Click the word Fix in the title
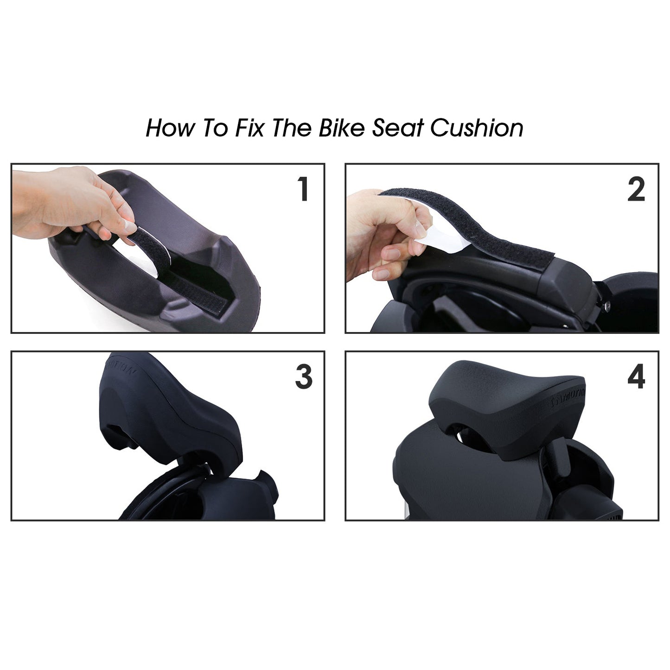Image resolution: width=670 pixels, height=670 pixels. tap(249, 128)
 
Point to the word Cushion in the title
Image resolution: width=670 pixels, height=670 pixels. tap(477, 128)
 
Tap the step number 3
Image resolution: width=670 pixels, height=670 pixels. tap(304, 377)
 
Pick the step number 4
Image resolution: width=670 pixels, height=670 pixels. tap(636, 377)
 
